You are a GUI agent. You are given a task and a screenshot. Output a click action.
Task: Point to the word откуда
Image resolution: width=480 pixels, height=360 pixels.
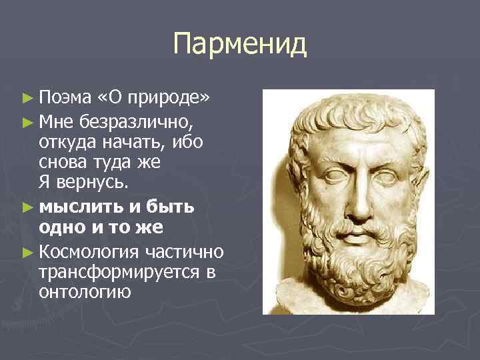pos(66,143)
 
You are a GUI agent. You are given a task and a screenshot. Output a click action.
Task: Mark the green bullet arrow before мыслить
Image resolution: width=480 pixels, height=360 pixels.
pos(27,207)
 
